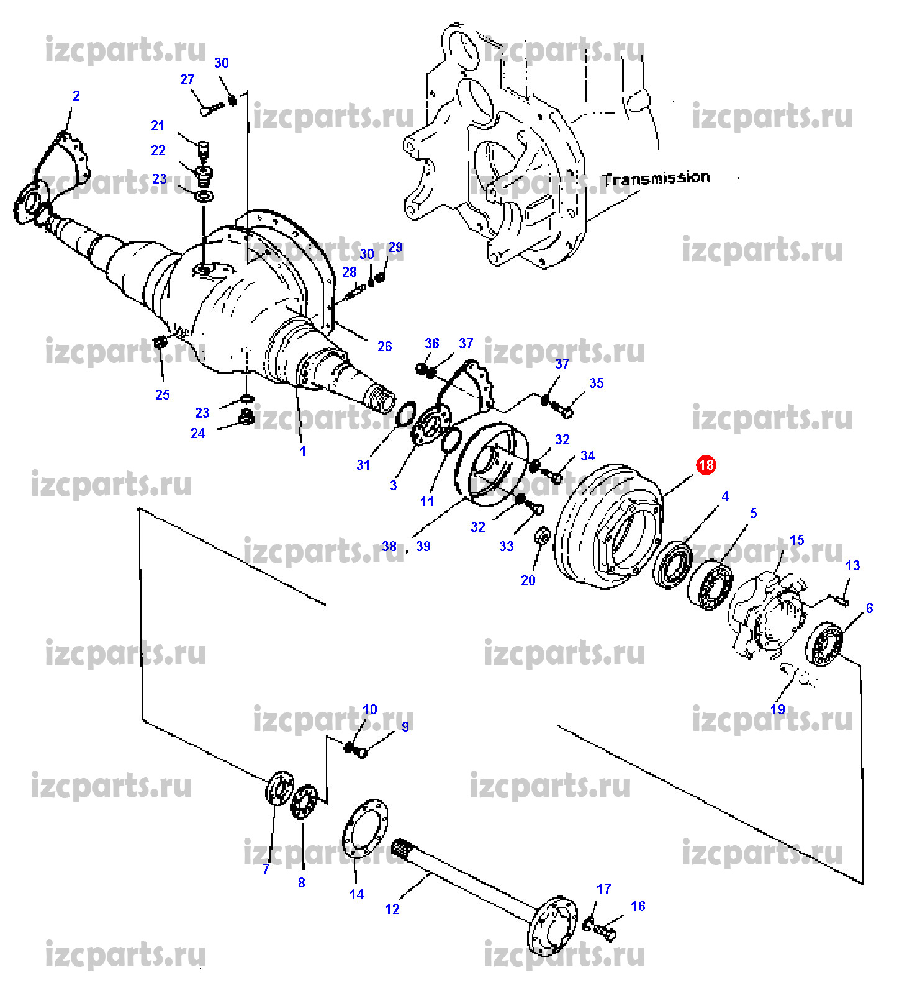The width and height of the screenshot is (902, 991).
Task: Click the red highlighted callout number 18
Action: pyautogui.click(x=706, y=465)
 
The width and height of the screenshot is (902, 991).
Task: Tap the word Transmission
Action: pyautogui.click(x=656, y=179)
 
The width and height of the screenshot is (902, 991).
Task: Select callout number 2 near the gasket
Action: pyautogui.click(x=76, y=96)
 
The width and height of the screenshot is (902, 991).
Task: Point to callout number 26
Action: pyautogui.click(x=385, y=346)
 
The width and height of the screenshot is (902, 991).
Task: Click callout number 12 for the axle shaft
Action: pyautogui.click(x=392, y=909)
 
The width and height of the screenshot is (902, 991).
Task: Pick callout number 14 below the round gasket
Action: pyautogui.click(x=356, y=894)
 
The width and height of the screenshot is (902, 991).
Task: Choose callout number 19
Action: pyautogui.click(x=778, y=709)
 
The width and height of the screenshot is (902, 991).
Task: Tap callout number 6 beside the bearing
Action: pyautogui.click(x=869, y=609)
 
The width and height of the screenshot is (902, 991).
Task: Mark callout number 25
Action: pyautogui.click(x=163, y=395)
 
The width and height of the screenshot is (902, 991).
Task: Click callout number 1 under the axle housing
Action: pyautogui.click(x=303, y=452)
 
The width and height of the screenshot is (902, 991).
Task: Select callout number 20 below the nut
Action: pyautogui.click(x=528, y=580)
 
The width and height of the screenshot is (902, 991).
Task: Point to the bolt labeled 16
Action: pyautogui.click(x=606, y=931)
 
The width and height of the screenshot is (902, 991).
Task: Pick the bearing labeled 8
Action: pyautogui.click(x=304, y=802)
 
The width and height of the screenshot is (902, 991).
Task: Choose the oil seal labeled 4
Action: pyautogui.click(x=673, y=563)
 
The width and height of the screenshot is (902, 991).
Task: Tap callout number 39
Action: pyautogui.click(x=423, y=546)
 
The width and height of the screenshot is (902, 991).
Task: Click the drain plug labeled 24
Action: pyautogui.click(x=246, y=417)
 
